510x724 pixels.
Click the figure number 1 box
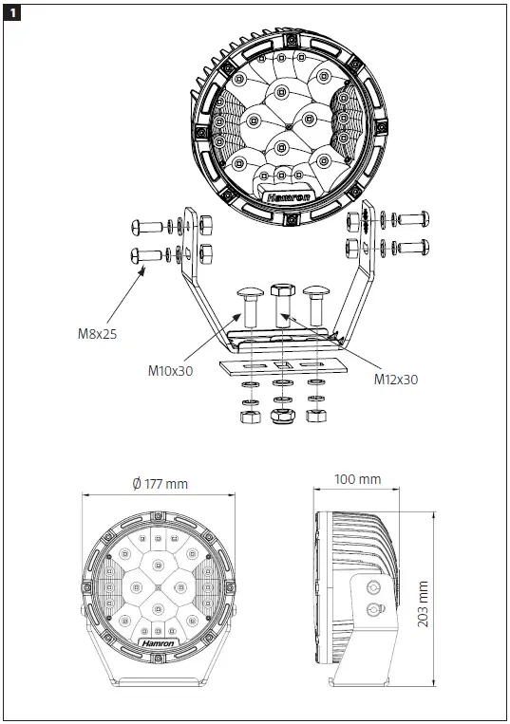(x=13, y=12)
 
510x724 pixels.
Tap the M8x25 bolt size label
(x=99, y=333)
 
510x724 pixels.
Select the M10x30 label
(x=171, y=370)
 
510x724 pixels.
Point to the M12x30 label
(x=396, y=380)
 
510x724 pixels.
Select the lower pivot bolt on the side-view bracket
(x=372, y=608)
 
